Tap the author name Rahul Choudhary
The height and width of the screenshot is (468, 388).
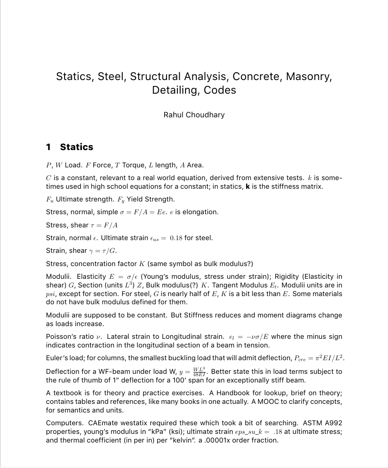tap(194, 115)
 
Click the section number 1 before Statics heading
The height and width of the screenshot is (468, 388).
tap(49, 147)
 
